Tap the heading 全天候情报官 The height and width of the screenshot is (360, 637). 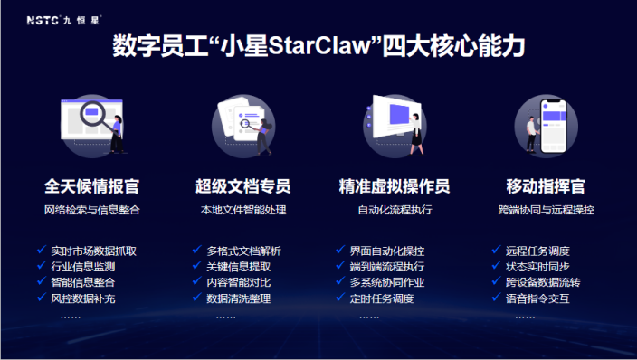pos(91,187)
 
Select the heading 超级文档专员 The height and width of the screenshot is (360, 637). pos(242,187)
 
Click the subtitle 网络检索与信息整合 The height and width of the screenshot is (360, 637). pos(91,211)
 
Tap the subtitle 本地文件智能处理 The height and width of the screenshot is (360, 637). pos(242,211)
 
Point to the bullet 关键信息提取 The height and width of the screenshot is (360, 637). pos(238,267)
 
